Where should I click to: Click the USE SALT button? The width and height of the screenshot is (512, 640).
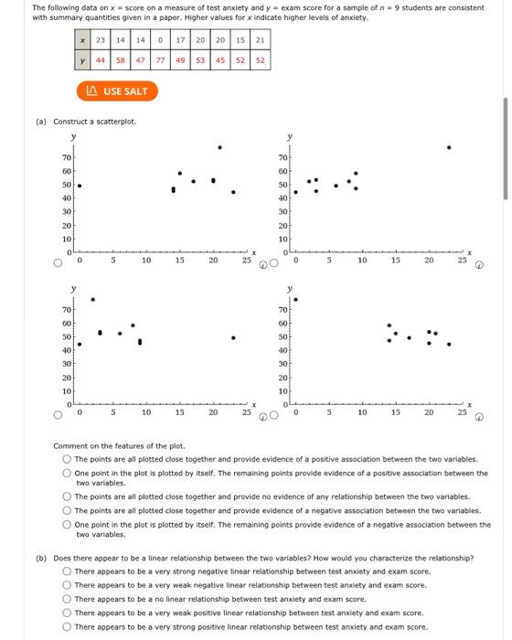116,91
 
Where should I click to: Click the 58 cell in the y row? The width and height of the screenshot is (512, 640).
121,61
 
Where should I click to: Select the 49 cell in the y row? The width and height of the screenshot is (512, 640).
181,61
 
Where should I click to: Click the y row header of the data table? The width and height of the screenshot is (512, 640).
83,61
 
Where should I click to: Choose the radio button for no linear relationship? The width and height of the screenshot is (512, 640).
68,599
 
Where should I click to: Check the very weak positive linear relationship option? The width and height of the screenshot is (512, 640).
68,613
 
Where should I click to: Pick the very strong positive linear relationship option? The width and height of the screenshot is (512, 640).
68,627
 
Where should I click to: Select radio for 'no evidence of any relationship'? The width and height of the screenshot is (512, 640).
68,496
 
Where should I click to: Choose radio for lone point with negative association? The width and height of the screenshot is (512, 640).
68,525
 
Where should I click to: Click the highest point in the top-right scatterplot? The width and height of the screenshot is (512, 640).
448,146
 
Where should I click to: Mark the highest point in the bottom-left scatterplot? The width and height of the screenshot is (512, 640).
91,299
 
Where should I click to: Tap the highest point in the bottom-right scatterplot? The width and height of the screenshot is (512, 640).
294,299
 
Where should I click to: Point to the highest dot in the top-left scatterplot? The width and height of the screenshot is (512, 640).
219,146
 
